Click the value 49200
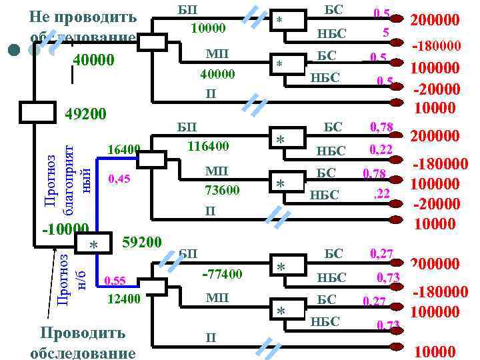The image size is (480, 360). click(86, 115)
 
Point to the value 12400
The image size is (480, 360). click(123, 299)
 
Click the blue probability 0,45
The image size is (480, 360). click(119, 179)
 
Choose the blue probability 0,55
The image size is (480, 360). click(115, 281)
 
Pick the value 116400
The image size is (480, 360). click(209, 145)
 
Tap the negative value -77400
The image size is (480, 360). click(222, 274)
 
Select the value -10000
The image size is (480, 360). click(64, 229)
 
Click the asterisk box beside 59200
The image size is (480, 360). click(94, 245)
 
